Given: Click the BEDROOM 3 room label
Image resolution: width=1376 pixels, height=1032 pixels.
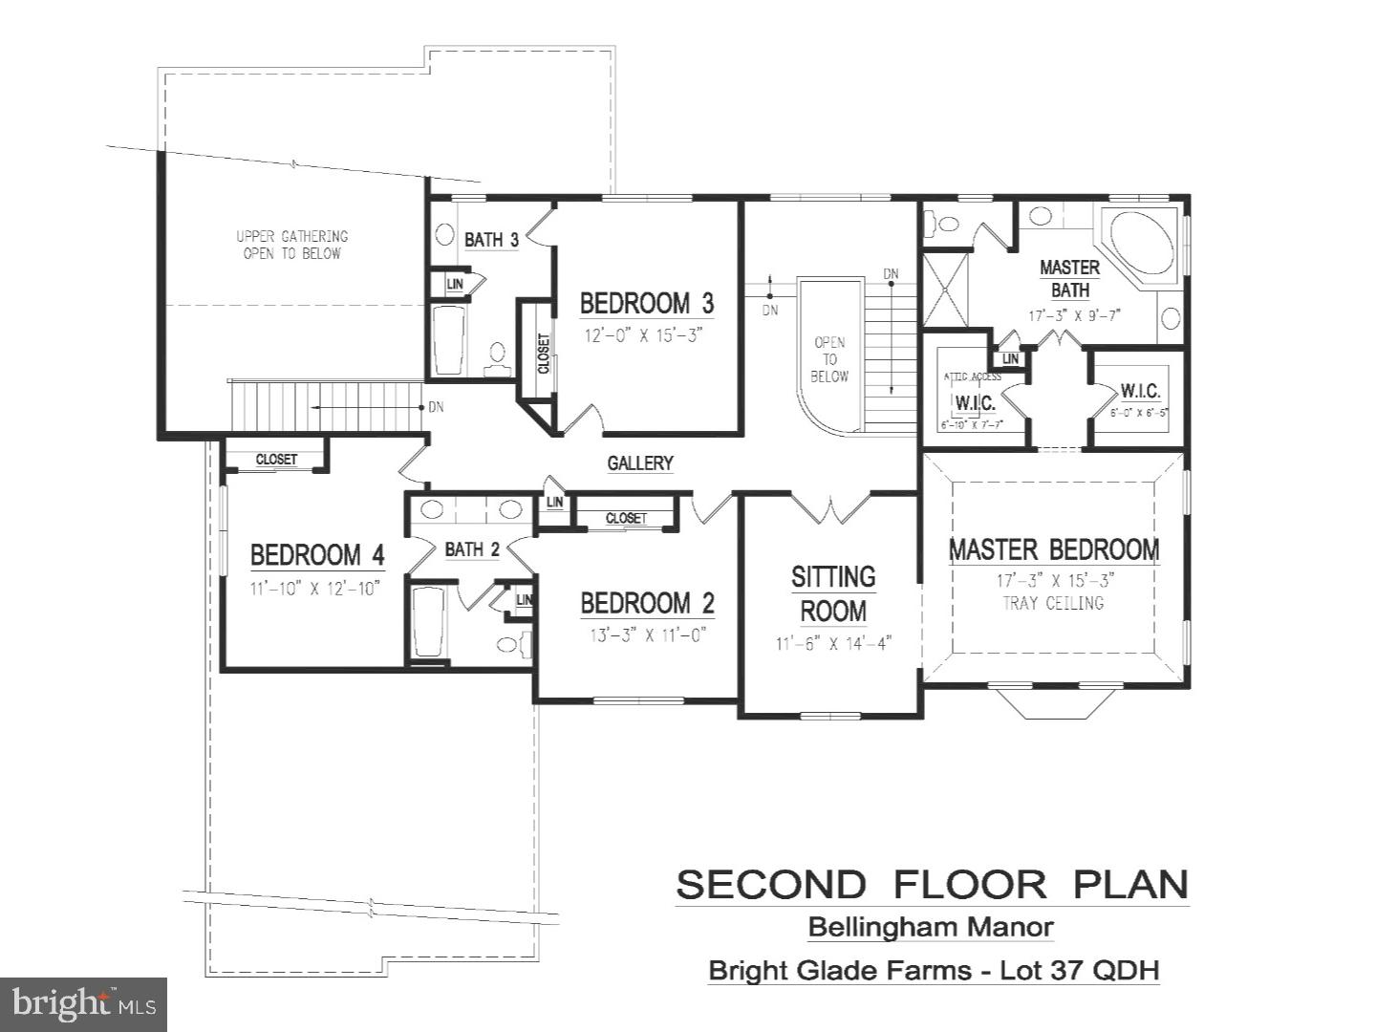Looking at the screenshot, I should click(x=646, y=304).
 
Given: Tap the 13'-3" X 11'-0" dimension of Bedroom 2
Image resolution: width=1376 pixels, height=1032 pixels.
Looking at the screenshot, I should click(x=647, y=635).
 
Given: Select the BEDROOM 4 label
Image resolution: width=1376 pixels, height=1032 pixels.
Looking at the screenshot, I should click(x=316, y=555).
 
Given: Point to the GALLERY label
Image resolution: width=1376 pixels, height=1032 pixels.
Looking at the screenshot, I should click(x=640, y=463).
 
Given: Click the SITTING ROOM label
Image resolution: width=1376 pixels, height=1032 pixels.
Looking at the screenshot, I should click(x=833, y=593).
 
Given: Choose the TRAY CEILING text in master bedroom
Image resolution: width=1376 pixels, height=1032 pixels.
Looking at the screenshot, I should click(x=1053, y=603).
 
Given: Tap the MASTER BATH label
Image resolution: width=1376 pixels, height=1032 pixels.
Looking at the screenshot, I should click(x=1069, y=278).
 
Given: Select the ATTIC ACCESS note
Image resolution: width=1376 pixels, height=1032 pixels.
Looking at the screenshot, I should click(x=972, y=376).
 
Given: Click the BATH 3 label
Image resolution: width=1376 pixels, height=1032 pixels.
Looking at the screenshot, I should click(x=491, y=240).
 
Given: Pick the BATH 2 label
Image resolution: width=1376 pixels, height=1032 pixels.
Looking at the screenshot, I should click(x=472, y=549).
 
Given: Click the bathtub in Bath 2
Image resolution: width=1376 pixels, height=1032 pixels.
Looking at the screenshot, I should click(x=427, y=622).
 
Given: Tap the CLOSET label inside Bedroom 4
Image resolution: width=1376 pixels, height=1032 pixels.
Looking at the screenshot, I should click(x=276, y=460).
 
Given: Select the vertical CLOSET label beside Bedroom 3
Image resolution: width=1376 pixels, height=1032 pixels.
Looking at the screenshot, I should click(x=544, y=353).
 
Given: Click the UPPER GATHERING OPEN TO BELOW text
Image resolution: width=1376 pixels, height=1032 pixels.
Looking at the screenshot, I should click(x=292, y=245).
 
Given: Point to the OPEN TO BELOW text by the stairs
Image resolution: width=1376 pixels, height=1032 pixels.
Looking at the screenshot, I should click(x=829, y=359).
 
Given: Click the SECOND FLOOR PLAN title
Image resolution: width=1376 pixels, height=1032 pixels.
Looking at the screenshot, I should click(x=932, y=885).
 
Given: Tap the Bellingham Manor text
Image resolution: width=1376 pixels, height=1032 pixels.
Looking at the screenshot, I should click(x=931, y=927).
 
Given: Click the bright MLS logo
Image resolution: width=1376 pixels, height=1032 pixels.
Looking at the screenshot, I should click(x=83, y=1003).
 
